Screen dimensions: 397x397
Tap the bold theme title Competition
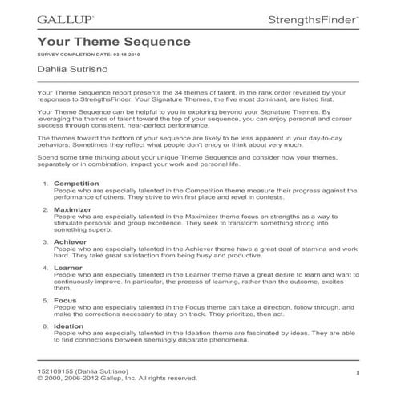coord(75,184)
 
